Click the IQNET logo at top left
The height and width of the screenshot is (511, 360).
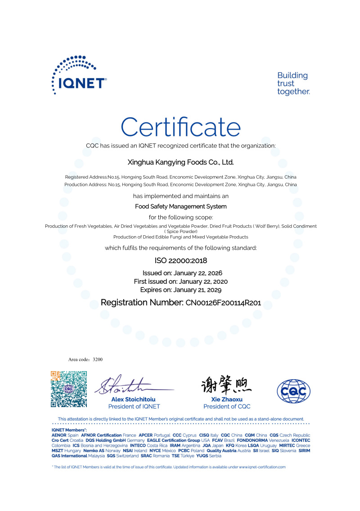click(x=79, y=75)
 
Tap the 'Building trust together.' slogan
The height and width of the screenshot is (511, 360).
click(x=293, y=84)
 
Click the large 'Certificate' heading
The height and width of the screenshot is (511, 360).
click(x=180, y=127)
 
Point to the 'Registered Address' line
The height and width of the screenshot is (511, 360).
click(x=180, y=177)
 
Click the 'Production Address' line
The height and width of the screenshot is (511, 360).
click(x=180, y=185)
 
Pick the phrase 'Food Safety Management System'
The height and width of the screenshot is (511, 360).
click(x=180, y=206)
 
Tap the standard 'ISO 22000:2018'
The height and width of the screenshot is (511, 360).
click(x=180, y=260)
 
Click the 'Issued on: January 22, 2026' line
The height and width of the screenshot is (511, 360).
click(x=182, y=273)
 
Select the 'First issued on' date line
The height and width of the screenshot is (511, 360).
click(x=181, y=282)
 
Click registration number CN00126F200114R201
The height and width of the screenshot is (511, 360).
click(x=223, y=304)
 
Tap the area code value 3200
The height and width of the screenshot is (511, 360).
click(x=98, y=360)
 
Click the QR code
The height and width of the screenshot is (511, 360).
click(x=68, y=389)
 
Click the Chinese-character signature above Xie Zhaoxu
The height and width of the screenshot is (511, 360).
click(x=226, y=385)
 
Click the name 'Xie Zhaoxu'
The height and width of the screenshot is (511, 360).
click(x=227, y=399)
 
